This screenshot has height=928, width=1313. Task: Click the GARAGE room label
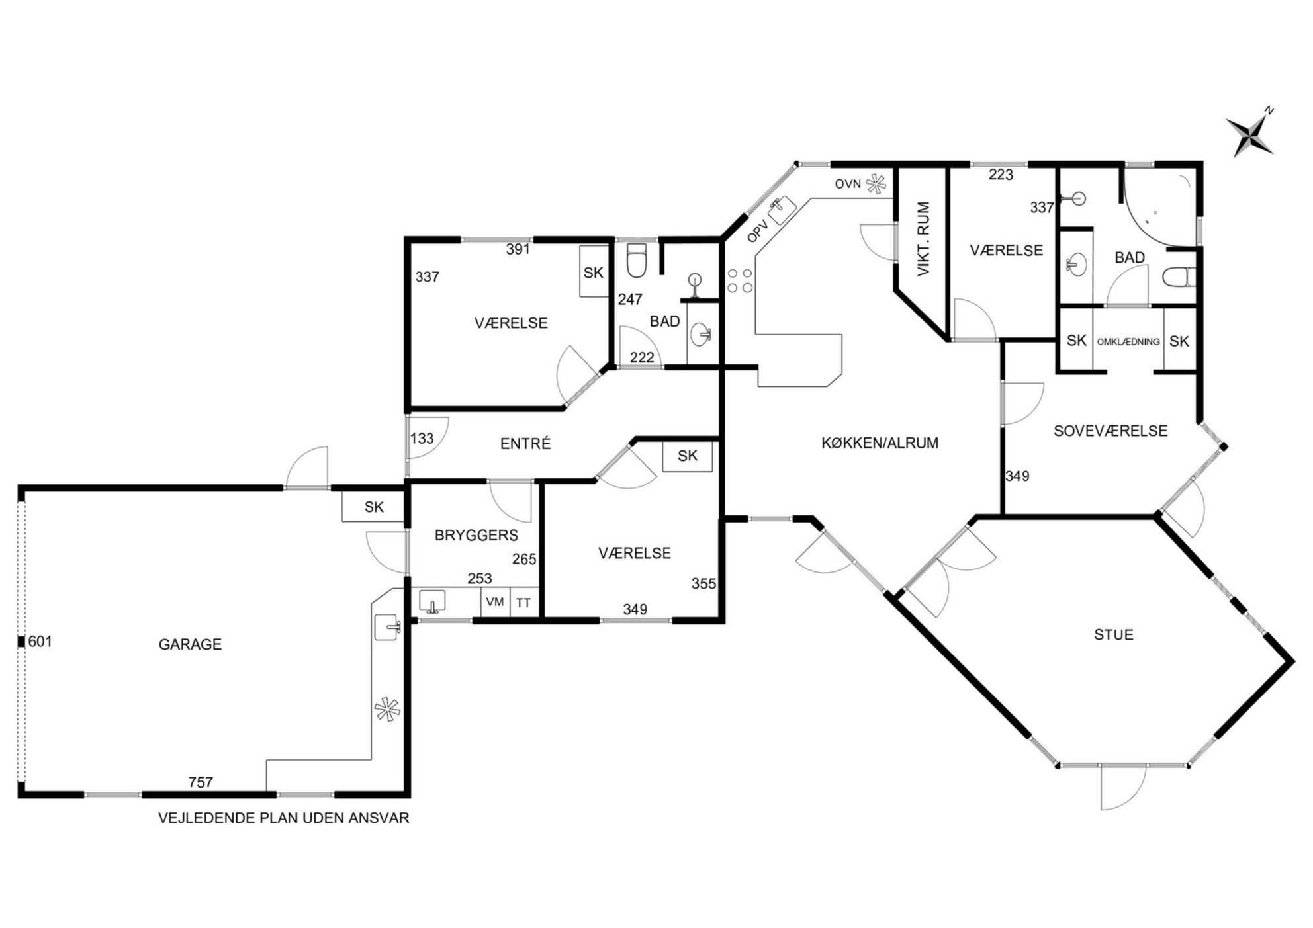pos(190,644)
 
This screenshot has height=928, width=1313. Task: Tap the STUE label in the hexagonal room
pos(1114,635)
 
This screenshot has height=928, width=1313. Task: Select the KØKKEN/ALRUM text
pos(880,443)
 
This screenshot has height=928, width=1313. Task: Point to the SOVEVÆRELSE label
pos(1110,431)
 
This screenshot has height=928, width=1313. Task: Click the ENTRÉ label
pos(525,444)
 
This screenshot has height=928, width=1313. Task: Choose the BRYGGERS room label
pos(476,535)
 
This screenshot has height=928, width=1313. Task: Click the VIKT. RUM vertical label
pos(924,239)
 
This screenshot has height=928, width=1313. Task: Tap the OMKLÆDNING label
pos(1128,342)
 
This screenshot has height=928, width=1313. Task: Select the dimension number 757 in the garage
pos(201,782)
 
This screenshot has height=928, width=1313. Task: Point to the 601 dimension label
pos(40,642)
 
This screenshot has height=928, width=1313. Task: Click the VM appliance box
pos(495,603)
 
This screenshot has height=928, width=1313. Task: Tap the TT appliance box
pos(523,603)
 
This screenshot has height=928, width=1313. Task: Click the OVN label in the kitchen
pos(848,184)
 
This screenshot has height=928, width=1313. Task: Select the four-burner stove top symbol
pos(740,280)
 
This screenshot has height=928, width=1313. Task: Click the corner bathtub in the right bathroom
pos(1160,206)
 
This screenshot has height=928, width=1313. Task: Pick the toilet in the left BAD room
pos(636,261)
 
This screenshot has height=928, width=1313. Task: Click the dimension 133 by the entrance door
pos(422,439)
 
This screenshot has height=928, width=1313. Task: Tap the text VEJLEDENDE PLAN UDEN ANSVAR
pos(284,818)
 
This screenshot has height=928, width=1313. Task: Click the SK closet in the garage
pos(374,507)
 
